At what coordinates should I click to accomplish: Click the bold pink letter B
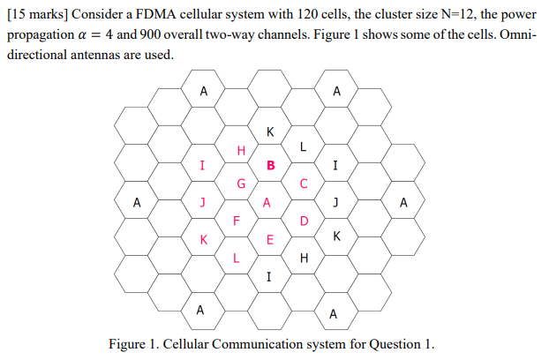[x=271, y=165]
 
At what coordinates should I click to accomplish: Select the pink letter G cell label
[x=241, y=184]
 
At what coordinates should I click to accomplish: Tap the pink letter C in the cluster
[x=303, y=184]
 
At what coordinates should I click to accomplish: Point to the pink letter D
[x=304, y=221]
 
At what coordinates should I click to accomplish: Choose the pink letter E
[x=270, y=240]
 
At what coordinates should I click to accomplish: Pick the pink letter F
[x=236, y=221]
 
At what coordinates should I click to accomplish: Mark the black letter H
[x=304, y=258]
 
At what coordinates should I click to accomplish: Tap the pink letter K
[x=204, y=239]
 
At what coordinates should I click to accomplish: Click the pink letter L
[x=236, y=258]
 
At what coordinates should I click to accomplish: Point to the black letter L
[x=303, y=146]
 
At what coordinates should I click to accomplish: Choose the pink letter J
[x=203, y=202]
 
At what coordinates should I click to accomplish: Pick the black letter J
[x=335, y=202]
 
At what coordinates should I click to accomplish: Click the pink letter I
[x=203, y=165]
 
